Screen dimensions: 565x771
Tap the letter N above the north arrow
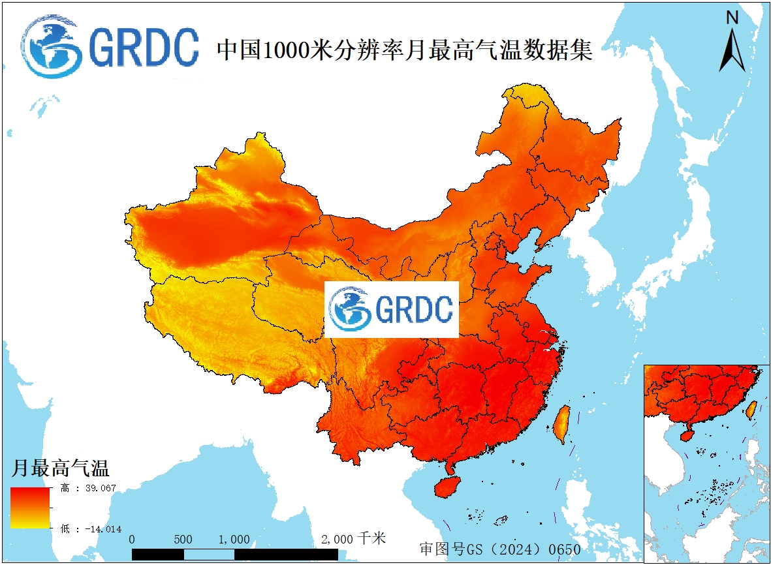[732, 18]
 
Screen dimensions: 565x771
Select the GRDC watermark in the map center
[392, 309]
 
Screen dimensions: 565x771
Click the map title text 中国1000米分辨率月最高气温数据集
[404, 50]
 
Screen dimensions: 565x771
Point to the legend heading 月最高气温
[60, 468]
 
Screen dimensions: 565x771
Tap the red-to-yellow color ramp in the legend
[30, 508]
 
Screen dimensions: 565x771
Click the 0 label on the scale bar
[133, 540]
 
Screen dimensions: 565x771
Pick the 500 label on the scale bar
[183, 540]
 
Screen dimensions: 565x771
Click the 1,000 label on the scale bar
[234, 540]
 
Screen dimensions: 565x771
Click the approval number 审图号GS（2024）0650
[499, 549]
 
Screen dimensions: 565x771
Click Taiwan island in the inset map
[751, 409]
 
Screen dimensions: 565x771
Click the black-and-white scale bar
[235, 554]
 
